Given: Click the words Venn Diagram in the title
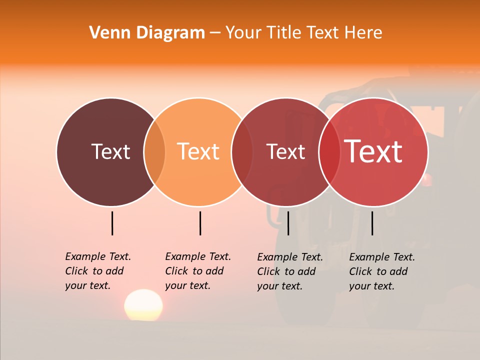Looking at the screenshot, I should pos(147,33).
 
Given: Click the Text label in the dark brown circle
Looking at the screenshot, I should pos(110,151).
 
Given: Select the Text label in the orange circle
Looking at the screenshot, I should pos(198,151).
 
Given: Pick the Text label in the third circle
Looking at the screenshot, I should pos(285,151).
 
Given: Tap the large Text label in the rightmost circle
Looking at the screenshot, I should pos(373,151).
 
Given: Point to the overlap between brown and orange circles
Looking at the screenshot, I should pos(154,151).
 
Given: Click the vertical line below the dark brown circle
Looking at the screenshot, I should pos(112,223).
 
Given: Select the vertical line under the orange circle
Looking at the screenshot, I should pos(200,223).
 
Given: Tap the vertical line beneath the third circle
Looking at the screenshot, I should pos(288,223).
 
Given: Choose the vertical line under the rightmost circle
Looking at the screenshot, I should pos(372,223).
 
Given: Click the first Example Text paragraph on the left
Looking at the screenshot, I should pos(97,271).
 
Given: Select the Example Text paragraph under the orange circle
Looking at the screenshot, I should pos(197,271).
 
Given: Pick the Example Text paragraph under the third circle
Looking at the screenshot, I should pos(289,271).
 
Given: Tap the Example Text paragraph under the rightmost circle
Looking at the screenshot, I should pos(381,271).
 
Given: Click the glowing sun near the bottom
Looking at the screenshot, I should pos(143,304).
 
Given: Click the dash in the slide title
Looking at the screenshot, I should pos(215,33).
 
